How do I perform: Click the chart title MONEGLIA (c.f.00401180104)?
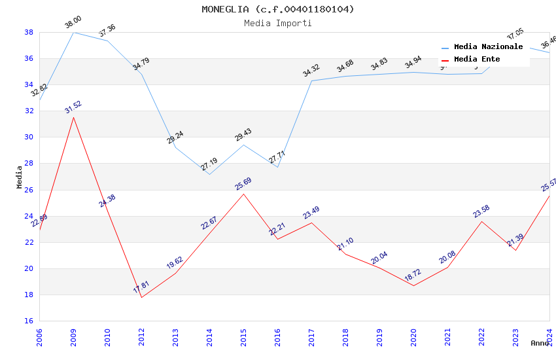tap(278, 9)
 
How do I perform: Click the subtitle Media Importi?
tap(278, 23)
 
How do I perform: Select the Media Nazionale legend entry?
tap(488, 46)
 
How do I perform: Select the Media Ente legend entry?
tap(477, 59)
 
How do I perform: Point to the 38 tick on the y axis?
tap(29, 32)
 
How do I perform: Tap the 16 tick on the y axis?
tap(29, 321)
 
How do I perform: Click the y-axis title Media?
tap(19, 177)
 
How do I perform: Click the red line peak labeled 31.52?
tap(73, 117)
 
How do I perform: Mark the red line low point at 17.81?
tap(141, 297)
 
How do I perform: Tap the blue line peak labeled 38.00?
tap(73, 32)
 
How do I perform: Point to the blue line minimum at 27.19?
tap(209, 174)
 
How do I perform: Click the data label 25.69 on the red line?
tap(243, 184)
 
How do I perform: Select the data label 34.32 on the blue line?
tap(311, 70)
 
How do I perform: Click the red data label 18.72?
tap(413, 276)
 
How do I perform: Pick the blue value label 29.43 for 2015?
tap(243, 135)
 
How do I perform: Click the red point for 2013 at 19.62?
tap(175, 273)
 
